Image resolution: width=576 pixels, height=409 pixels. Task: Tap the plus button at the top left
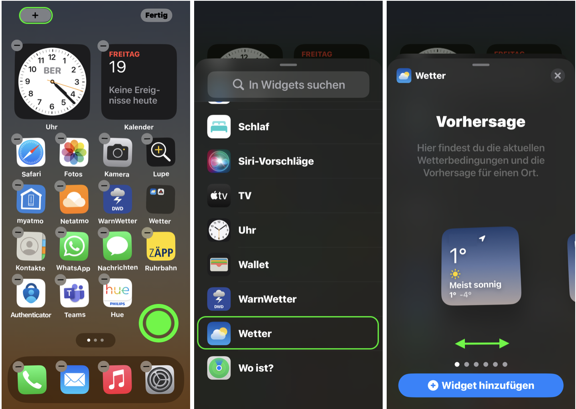36,15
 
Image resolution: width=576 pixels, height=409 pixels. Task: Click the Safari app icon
31,152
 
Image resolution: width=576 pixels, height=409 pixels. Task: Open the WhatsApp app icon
74,246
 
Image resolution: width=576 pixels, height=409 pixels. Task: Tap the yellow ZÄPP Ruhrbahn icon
161,246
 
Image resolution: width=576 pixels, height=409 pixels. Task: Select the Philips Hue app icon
118,293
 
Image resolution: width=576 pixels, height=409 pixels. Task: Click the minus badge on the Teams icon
61,280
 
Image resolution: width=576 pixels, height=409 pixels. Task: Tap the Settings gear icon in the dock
160,379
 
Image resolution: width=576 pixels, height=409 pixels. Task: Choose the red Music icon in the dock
118,379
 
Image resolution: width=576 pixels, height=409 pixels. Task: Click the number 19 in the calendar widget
118,67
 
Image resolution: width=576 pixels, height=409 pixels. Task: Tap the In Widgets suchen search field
288,85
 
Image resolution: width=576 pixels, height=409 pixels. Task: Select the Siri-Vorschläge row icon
219,161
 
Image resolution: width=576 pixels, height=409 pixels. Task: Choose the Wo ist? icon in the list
219,368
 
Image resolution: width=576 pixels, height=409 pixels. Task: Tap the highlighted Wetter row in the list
288,333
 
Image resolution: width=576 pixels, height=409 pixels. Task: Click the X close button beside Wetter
558,75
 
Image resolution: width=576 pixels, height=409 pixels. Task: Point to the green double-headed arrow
482,344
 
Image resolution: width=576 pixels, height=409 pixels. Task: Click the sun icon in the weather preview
455,274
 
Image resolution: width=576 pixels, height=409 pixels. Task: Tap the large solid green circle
159,323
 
